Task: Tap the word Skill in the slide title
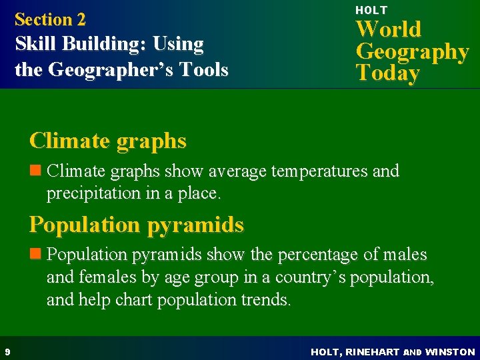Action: (x=34, y=45)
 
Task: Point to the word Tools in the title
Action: (x=204, y=69)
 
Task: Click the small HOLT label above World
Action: (x=371, y=10)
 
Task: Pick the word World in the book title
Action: (x=389, y=29)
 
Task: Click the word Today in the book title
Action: (x=387, y=73)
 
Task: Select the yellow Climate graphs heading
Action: (x=108, y=141)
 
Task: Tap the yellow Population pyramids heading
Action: (x=137, y=225)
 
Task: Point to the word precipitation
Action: (x=89, y=194)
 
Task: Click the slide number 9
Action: (x=6, y=351)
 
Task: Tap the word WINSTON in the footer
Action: (x=450, y=351)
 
